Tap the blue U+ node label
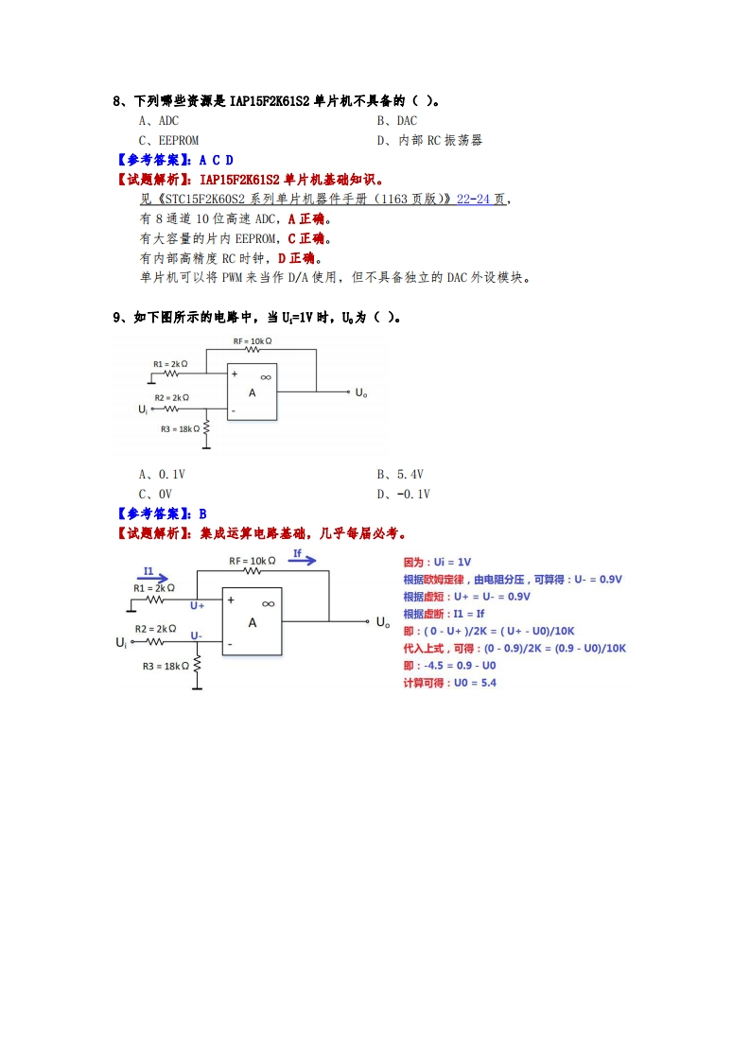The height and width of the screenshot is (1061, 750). click(x=197, y=604)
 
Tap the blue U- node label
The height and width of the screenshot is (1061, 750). click(x=196, y=635)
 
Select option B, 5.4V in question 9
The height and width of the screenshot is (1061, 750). click(x=400, y=474)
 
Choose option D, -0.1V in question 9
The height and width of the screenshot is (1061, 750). click(x=403, y=494)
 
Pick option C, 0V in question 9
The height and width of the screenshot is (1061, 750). click(x=155, y=494)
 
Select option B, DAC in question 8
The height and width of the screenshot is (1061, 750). click(x=396, y=120)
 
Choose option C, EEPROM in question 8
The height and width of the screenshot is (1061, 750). click(x=168, y=140)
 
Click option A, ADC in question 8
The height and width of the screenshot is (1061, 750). click(x=158, y=120)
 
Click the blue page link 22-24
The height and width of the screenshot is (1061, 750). click(x=473, y=199)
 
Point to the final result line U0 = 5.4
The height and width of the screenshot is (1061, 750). click(x=449, y=682)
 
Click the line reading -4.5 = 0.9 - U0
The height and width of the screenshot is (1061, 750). click(x=449, y=665)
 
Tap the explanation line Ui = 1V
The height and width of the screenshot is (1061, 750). click(x=437, y=562)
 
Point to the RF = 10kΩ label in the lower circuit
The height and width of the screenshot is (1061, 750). click(x=252, y=561)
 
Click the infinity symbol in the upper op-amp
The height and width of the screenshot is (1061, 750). click(x=266, y=376)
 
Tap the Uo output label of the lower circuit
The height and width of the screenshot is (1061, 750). click(x=382, y=622)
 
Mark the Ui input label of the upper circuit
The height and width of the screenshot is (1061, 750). click(x=143, y=409)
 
